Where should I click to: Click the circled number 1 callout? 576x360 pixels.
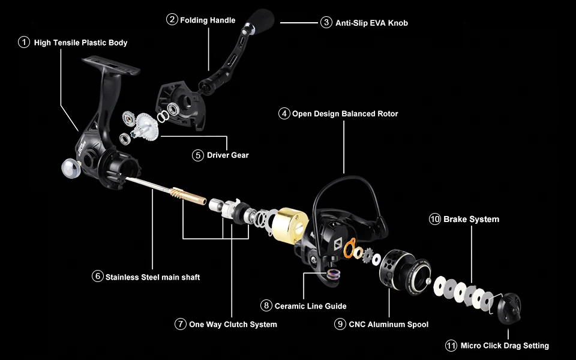(x=24, y=43)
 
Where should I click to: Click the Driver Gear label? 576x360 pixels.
(x=227, y=155)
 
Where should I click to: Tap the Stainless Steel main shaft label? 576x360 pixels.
(x=152, y=277)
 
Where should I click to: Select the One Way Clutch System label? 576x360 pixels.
(x=233, y=324)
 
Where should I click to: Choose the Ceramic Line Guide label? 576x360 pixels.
(x=310, y=305)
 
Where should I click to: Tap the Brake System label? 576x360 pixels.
(x=471, y=219)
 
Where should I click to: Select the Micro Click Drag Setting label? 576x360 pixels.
(x=505, y=345)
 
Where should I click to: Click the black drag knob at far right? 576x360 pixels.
(x=510, y=308)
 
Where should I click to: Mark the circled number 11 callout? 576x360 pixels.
(x=451, y=345)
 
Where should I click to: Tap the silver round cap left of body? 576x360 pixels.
(x=71, y=169)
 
